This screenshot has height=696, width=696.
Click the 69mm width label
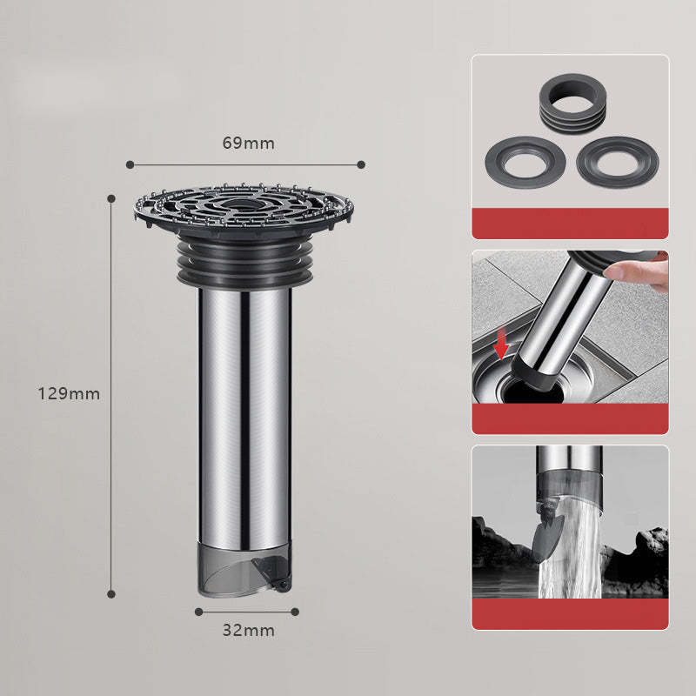point(248,144)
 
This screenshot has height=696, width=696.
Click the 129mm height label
point(69,393)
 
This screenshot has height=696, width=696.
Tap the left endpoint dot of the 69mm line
point(129,164)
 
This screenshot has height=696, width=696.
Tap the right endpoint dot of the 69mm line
point(361,164)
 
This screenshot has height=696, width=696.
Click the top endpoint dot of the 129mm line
point(111,198)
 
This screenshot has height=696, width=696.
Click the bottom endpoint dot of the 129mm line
point(111,594)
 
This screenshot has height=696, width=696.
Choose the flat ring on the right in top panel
point(616,160)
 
